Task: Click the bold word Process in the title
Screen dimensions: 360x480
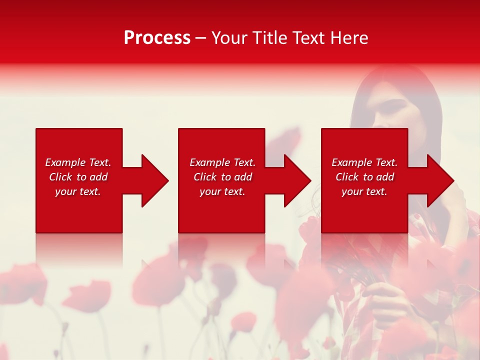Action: point(157,38)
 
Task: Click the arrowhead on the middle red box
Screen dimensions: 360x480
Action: point(297,180)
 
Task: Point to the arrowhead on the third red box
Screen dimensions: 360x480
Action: point(440,180)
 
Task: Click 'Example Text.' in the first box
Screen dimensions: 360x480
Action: point(78,162)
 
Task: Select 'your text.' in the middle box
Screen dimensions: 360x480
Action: point(222,191)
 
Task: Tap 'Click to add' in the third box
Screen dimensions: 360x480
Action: point(364,177)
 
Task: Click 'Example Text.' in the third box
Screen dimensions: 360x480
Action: point(364,162)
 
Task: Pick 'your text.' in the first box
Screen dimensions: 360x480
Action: point(78,191)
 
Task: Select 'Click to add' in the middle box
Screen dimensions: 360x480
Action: point(222,177)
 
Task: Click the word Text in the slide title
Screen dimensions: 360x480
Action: point(308,38)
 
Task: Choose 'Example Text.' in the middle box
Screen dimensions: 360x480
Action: point(222,162)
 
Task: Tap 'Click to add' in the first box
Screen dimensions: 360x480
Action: point(78,177)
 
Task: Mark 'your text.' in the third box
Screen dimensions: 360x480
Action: point(364,191)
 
